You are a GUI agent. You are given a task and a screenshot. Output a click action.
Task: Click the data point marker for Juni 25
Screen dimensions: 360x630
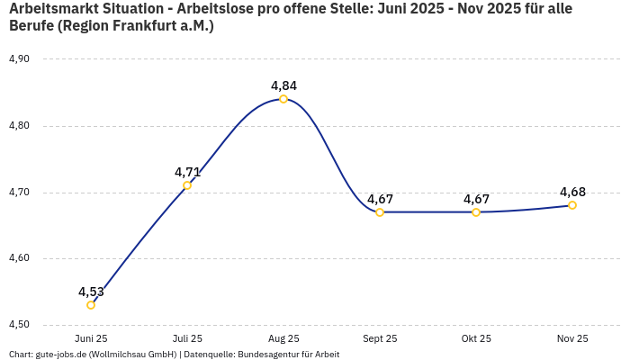[x=91, y=305]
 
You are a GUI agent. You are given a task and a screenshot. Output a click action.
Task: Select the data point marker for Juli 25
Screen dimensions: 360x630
[x=187, y=185]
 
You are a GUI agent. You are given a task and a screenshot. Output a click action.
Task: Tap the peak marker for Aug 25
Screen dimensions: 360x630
[x=283, y=99]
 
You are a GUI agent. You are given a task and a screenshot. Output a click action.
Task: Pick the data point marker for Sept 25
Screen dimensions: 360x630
[x=380, y=212]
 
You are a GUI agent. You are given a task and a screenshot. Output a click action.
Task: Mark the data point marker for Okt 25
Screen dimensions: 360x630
[x=476, y=212]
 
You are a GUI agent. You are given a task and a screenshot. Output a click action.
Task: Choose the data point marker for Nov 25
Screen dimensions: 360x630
[x=572, y=205]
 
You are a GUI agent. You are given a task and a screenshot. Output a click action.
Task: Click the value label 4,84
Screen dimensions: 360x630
[x=283, y=86]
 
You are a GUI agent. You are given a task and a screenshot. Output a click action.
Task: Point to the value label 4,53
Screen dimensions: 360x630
[x=91, y=292]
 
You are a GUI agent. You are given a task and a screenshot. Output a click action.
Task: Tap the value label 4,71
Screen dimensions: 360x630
[x=187, y=172]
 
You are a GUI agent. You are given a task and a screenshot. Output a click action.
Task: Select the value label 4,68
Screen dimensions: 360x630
[x=572, y=192]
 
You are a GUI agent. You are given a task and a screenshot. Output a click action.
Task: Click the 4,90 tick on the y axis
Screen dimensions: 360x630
[x=19, y=59]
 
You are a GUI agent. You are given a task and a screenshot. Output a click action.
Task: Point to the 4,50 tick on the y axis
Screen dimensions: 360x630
[x=19, y=325]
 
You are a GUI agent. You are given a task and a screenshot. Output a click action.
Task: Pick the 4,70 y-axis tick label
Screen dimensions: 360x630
[x=19, y=193]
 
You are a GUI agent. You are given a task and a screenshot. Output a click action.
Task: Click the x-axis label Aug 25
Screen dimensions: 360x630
[x=283, y=339]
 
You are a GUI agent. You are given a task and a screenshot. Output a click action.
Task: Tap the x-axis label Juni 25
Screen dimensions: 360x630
[x=91, y=339]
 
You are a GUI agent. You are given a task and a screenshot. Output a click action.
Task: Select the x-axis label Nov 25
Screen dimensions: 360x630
[x=572, y=339]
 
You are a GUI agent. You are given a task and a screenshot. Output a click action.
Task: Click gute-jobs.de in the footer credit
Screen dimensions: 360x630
[x=60, y=355]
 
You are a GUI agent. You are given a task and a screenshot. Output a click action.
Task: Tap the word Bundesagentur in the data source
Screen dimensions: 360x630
[x=266, y=355]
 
